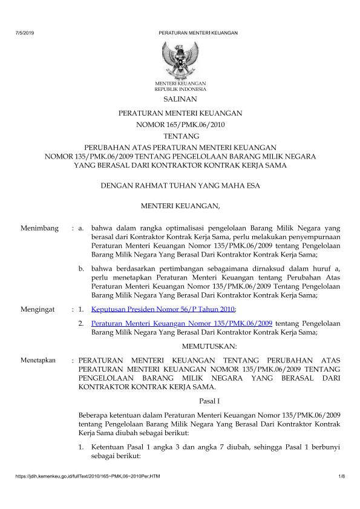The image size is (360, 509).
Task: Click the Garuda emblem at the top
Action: [x=180, y=59]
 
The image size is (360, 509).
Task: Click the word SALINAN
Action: [x=180, y=99]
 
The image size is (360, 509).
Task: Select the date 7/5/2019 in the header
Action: [x=24, y=32]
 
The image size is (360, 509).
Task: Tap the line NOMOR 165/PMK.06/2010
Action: [x=180, y=125]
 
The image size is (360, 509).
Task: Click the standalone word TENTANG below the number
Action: [x=180, y=137]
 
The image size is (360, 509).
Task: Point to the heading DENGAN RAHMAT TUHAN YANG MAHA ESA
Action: [x=180, y=186]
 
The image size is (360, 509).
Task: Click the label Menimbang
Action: [x=39, y=228]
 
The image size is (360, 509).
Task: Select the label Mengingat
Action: [x=39, y=309]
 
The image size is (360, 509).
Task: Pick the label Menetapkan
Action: [x=38, y=360]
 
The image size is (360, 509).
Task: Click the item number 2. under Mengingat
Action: [x=82, y=324]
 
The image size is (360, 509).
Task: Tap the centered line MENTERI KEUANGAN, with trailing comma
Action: [x=180, y=207]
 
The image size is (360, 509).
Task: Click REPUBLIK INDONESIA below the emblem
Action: [x=180, y=88]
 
